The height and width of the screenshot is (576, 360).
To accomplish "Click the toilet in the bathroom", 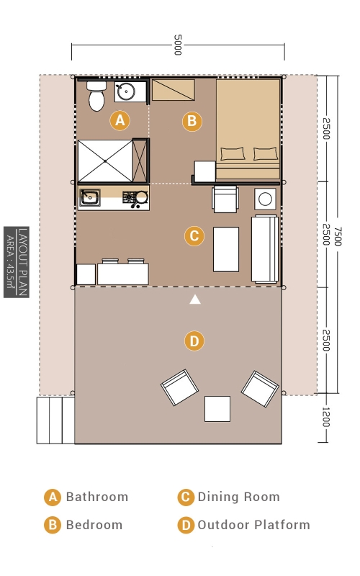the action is click(x=96, y=96).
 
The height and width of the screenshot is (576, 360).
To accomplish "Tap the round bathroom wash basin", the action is click(x=125, y=91).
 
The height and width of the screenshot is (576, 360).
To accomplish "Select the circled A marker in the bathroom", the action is click(x=120, y=120).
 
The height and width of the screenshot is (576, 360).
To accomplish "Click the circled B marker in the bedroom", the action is click(x=192, y=121).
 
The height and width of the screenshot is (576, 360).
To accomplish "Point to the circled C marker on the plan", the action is click(x=194, y=236).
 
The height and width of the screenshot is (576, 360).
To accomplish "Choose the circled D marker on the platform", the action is click(x=194, y=341).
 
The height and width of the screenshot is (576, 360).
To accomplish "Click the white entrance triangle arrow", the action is click(x=195, y=300).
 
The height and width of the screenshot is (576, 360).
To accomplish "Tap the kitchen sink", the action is click(x=89, y=198).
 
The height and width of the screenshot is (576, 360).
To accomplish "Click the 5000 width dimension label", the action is click(x=178, y=45).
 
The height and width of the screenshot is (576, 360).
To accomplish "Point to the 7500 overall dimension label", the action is click(x=338, y=236).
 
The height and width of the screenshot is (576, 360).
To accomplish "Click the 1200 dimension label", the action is click(x=326, y=417).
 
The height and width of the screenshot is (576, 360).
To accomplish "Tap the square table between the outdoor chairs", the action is click(x=217, y=408).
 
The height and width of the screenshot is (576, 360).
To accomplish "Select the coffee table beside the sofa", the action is click(x=226, y=249).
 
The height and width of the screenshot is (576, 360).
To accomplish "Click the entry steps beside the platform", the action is click(x=55, y=420).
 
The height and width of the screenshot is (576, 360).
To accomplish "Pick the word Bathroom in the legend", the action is click(x=97, y=497).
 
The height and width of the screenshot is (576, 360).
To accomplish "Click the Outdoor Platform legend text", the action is click(x=254, y=525).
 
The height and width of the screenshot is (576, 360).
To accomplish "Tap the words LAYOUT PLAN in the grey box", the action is click(x=23, y=262).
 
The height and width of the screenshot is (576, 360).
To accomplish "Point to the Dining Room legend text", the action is click(x=239, y=497).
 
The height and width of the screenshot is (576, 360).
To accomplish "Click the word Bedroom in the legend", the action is click(x=94, y=525).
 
